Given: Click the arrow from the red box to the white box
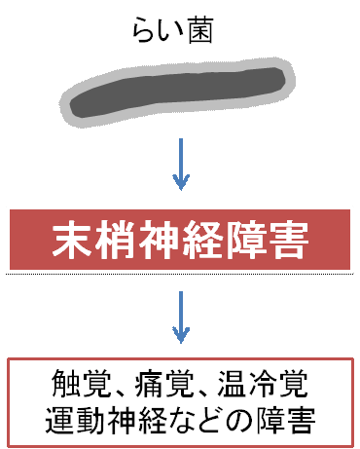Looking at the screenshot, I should (180, 315).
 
